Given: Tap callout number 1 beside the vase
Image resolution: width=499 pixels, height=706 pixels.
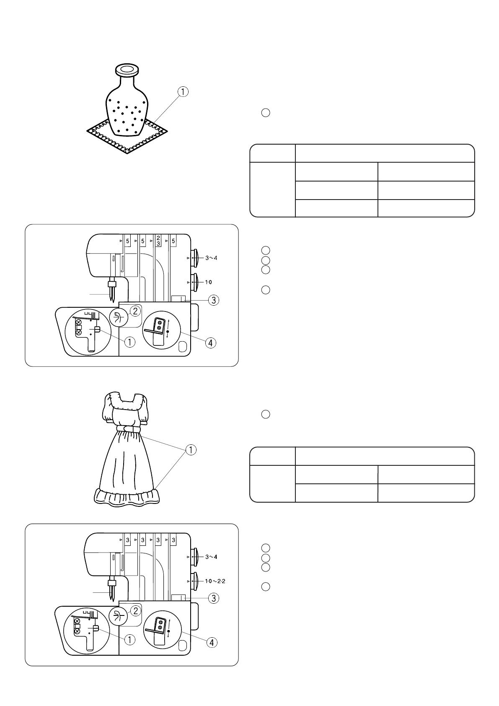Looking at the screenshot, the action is point(183,92).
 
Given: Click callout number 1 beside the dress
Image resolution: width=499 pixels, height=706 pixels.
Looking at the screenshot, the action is point(191,450).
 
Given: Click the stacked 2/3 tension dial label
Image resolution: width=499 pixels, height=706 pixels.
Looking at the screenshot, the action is point(158,241).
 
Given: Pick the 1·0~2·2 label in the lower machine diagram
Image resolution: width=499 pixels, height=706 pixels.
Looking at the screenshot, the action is point(215,581).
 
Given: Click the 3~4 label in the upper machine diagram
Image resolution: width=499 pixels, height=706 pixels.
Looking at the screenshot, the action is point(211,258).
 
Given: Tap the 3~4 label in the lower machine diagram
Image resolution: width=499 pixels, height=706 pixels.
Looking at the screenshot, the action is point(211,557).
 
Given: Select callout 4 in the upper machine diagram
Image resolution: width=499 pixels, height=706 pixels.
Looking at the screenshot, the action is point(211,343).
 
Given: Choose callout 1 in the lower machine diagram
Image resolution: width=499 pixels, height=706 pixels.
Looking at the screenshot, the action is point(130,639).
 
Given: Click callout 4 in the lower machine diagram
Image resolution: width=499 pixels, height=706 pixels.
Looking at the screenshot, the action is point(213,642).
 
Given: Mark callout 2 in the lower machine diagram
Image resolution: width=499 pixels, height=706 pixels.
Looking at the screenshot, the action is point(135,611).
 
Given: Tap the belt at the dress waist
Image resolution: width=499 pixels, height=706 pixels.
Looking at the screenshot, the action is point(129,429).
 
